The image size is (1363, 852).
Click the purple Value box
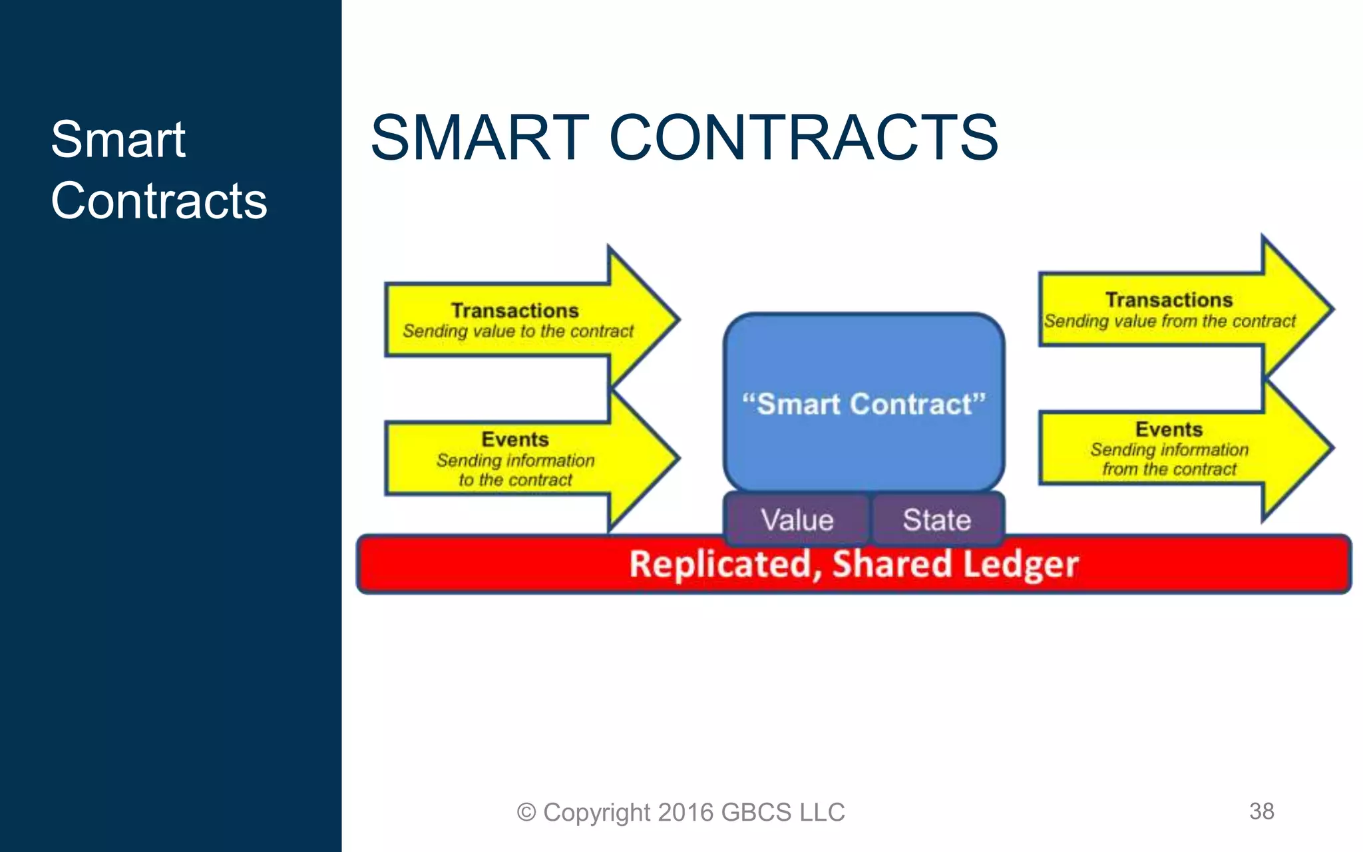(797, 520)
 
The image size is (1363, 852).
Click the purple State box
(936, 520)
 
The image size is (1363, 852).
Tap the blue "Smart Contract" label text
(863, 404)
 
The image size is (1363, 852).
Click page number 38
(1261, 811)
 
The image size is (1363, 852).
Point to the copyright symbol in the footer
(526, 813)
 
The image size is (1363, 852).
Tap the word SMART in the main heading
(480, 138)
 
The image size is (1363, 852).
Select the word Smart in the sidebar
(118, 140)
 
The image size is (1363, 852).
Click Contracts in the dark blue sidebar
(158, 201)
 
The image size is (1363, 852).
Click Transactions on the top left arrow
(514, 311)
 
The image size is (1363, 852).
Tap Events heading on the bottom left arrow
(514, 439)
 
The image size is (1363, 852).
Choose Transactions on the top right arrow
(1169, 300)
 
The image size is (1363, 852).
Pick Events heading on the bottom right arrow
(1169, 429)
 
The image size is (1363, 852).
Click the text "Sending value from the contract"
(1169, 321)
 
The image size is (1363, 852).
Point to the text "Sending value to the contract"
(518, 331)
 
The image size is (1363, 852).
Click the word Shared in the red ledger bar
(892, 564)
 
